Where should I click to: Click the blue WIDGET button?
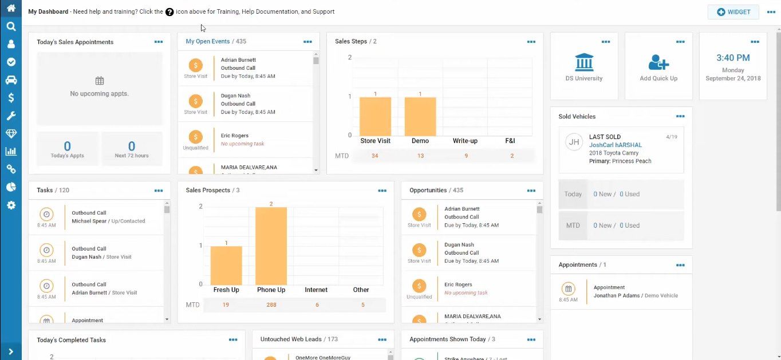tap(733, 12)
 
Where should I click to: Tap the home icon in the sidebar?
tap(11, 8)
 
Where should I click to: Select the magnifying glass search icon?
tap(11, 26)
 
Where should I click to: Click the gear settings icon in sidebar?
tap(11, 205)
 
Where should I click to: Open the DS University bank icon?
tap(584, 62)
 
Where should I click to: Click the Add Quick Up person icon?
tap(658, 62)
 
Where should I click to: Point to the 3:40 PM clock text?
tap(733, 58)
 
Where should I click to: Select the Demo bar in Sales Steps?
tap(420, 116)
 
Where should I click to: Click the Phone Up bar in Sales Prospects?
tap(271, 246)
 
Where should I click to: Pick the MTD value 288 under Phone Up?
tap(271, 305)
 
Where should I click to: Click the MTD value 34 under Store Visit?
tap(375, 156)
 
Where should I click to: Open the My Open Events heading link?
tap(207, 41)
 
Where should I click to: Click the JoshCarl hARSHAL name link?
tap(616, 145)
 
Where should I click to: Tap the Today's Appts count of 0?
tap(68, 147)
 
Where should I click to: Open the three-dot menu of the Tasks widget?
tap(159, 191)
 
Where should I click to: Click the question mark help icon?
tap(169, 12)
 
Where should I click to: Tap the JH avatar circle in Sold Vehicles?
tap(574, 142)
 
